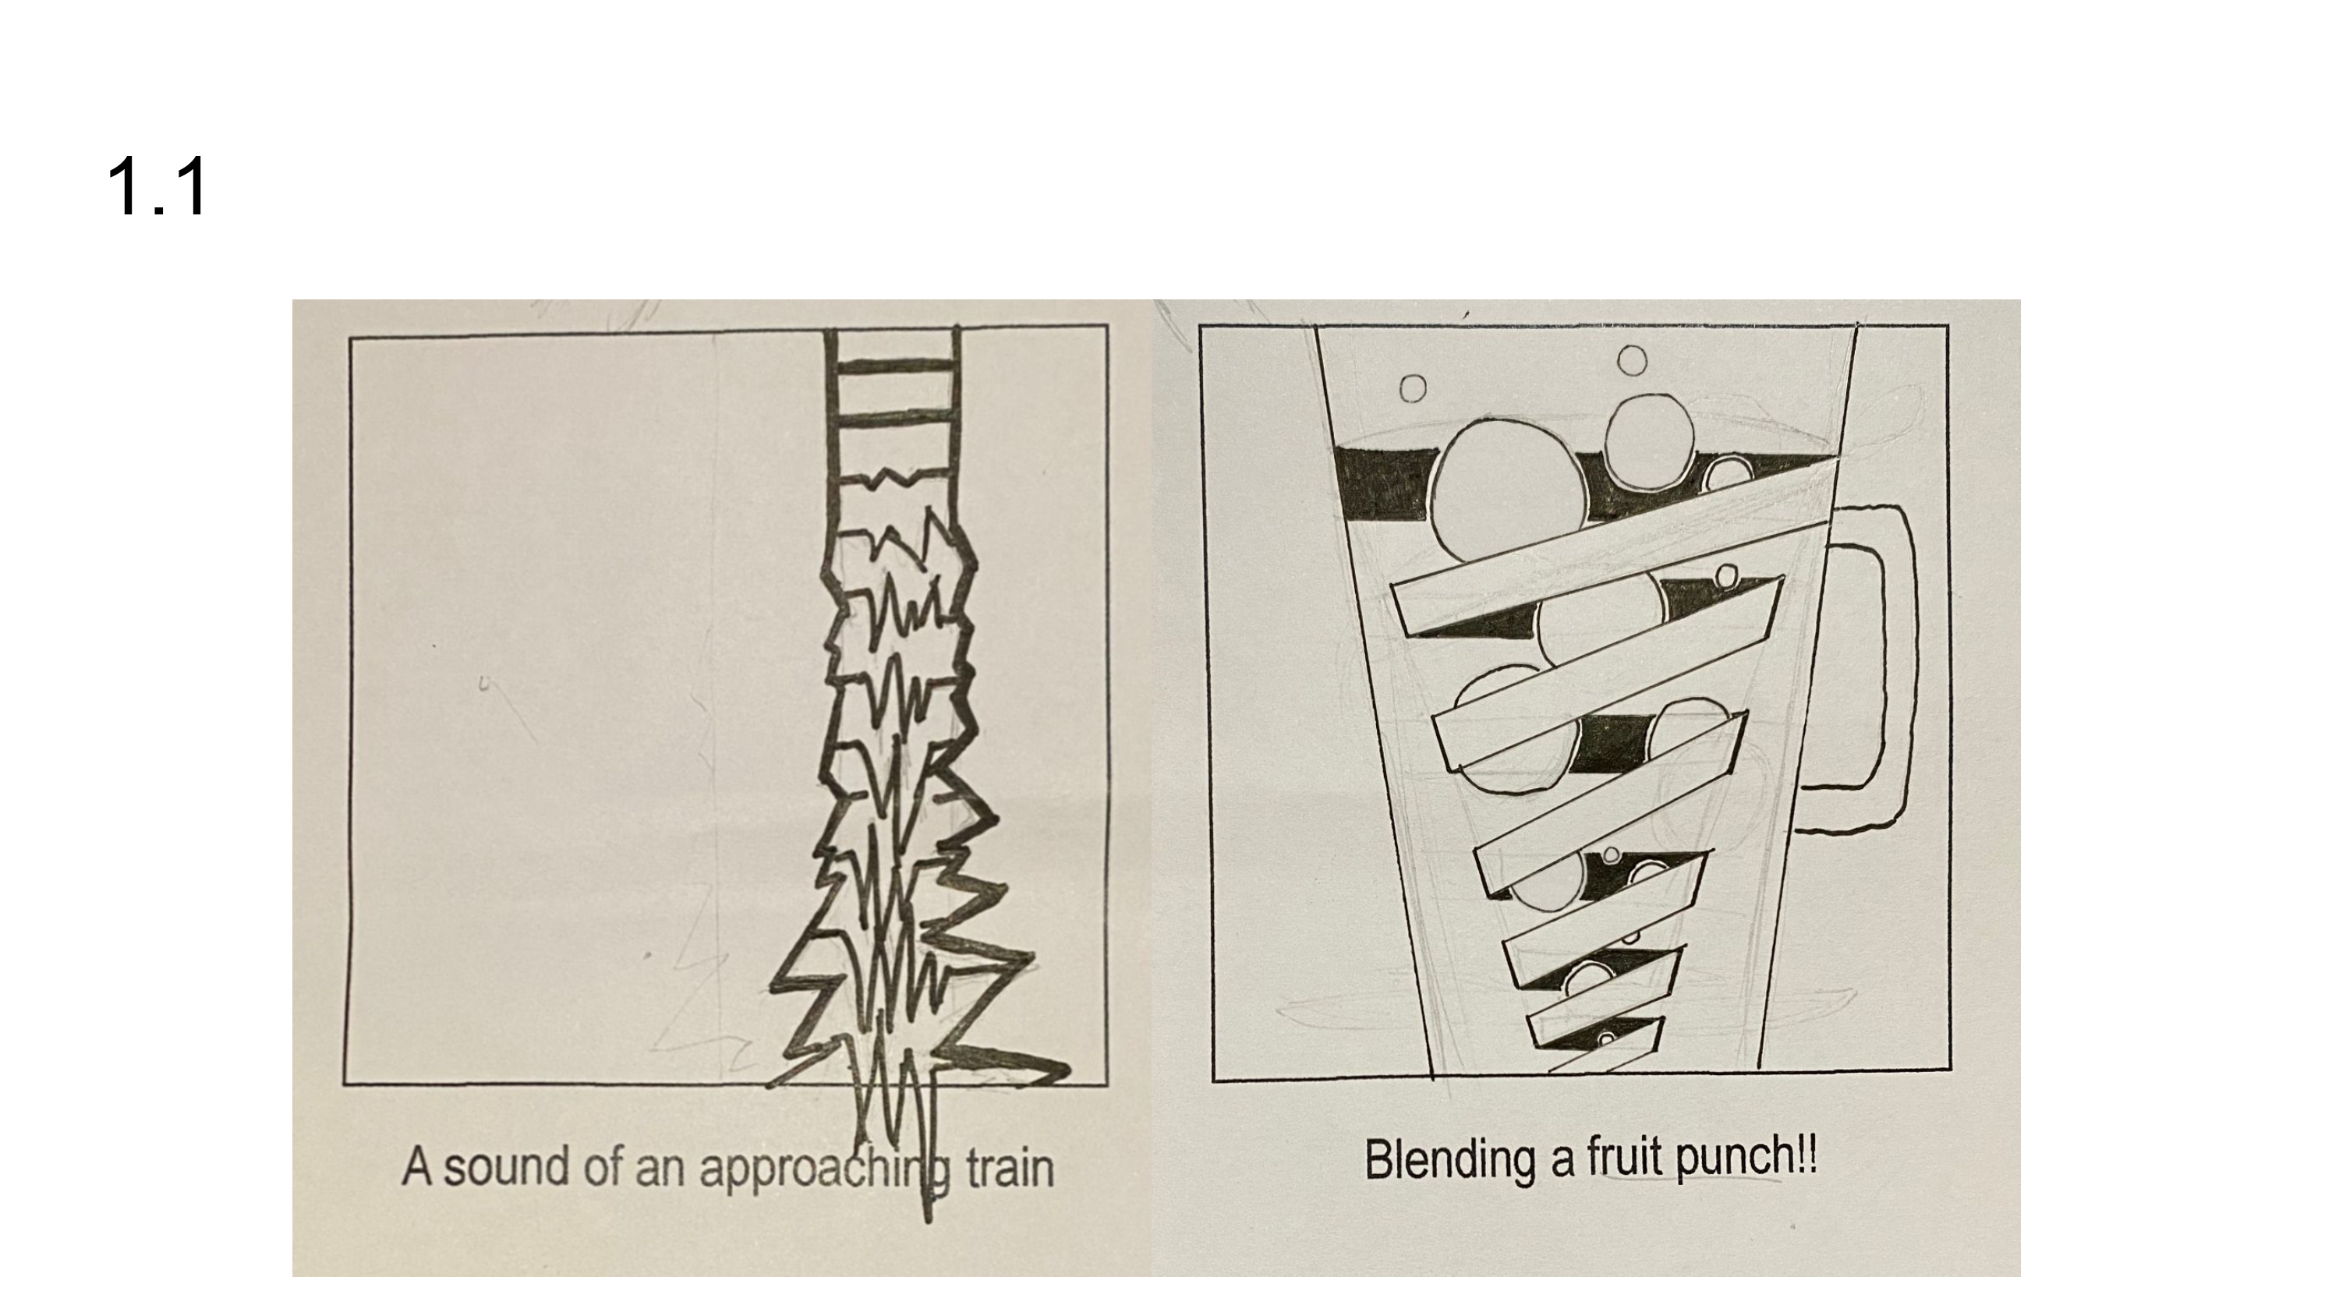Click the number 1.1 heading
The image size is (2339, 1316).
coord(157,187)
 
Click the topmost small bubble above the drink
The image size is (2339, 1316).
coord(1632,360)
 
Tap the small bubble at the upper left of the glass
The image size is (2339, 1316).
coord(1412,389)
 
